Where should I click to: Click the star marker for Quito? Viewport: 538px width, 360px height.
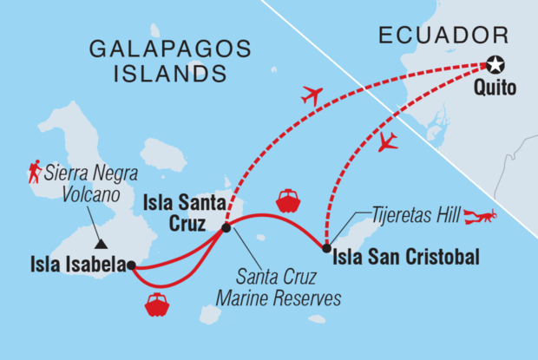coord(495,64)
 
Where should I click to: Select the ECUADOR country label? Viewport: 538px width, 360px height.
coord(442,36)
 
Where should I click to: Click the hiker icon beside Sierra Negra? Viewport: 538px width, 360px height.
coord(35,174)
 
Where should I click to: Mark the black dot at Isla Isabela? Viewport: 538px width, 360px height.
coord(130,266)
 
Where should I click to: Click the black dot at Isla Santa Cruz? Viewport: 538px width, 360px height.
coord(226,228)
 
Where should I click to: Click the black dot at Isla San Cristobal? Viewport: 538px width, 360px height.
coord(325,250)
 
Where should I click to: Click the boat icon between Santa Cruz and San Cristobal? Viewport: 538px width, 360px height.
coord(288,200)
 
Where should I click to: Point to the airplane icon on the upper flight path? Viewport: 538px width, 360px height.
coord(311,95)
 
